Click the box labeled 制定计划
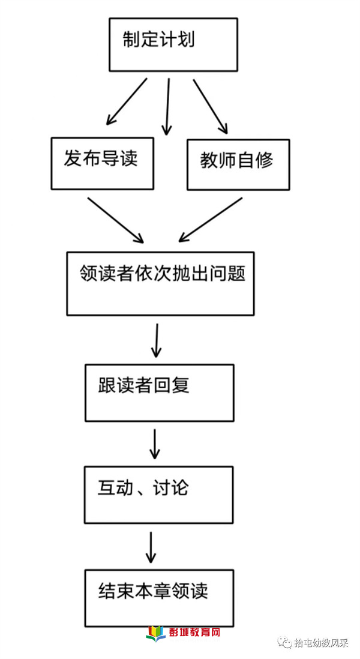coord(173,44)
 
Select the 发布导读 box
coord(102,164)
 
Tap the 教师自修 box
coord(238,164)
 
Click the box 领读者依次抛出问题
coord(160,283)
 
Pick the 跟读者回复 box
coord(159,393)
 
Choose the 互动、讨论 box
coord(159,495)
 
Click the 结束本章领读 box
coord(159,598)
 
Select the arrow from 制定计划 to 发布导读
coord(127,101)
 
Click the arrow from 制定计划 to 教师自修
coord(211,106)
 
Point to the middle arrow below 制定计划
coord(167,107)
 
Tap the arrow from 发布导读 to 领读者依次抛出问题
coord(116,220)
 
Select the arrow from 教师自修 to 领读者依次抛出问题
coord(211,220)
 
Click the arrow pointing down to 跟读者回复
coord(156,340)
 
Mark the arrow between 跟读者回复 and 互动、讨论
coord(155,444)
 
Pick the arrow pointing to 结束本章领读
coord(151,547)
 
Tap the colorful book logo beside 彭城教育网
coord(156,633)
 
